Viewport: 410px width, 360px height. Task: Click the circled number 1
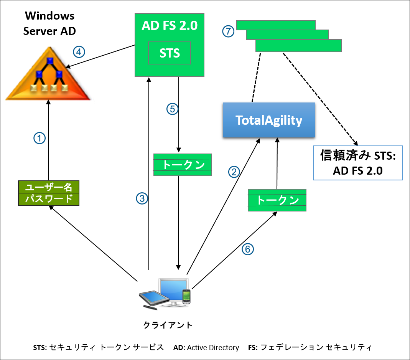click(40, 138)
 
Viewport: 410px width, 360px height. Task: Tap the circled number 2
click(234, 172)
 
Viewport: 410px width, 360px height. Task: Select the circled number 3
click(142, 198)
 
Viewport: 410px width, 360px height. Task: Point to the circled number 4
click(79, 52)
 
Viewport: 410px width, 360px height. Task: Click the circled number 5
click(173, 109)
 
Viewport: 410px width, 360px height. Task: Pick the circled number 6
click(248, 249)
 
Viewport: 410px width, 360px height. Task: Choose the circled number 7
click(228, 31)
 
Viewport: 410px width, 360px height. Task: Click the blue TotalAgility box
click(269, 120)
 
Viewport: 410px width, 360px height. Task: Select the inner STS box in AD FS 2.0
click(170, 53)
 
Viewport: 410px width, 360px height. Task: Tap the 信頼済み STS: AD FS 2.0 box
click(357, 163)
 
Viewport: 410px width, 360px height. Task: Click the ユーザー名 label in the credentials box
click(48, 187)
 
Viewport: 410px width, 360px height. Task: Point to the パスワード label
click(48, 199)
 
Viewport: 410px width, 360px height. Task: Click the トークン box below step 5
click(183, 165)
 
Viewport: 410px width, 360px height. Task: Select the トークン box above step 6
click(277, 200)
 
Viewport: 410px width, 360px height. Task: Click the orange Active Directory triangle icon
click(48, 77)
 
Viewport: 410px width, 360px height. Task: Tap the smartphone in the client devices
click(186, 296)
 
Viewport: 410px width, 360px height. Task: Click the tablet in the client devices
click(153, 299)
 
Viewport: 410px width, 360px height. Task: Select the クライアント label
click(168, 325)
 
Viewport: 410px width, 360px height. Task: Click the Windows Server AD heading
click(49, 23)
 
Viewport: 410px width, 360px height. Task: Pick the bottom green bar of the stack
click(298, 46)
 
